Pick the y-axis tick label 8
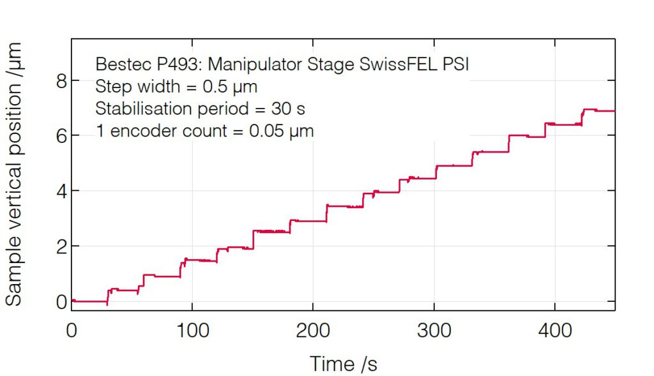tap(61, 80)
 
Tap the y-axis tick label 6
tap(61, 135)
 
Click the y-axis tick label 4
tap(61, 191)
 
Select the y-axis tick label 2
tap(61, 246)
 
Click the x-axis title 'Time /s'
tap(344, 364)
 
